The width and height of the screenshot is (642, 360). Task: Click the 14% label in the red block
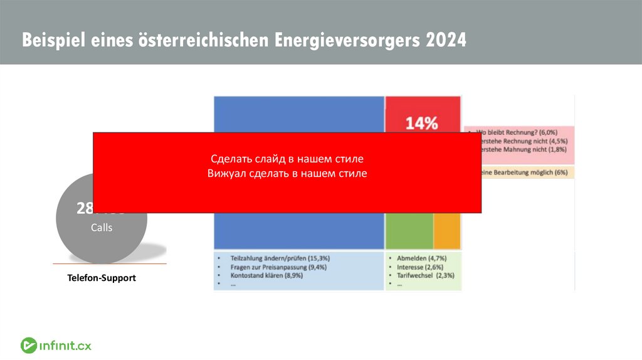(x=422, y=123)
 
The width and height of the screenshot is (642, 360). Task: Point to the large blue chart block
(x=298, y=231)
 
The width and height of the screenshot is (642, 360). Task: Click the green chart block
(x=409, y=231)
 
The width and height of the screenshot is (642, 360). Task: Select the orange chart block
(x=447, y=231)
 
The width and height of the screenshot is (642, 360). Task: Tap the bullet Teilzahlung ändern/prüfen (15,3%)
(x=280, y=258)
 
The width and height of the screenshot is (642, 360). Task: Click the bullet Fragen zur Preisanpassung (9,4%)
(x=280, y=267)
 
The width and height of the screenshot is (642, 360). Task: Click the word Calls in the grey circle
(x=102, y=228)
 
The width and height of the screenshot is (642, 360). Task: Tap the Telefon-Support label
(x=102, y=277)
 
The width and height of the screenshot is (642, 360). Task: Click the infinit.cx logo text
(x=66, y=346)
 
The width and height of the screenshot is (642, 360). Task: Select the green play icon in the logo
(x=28, y=346)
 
